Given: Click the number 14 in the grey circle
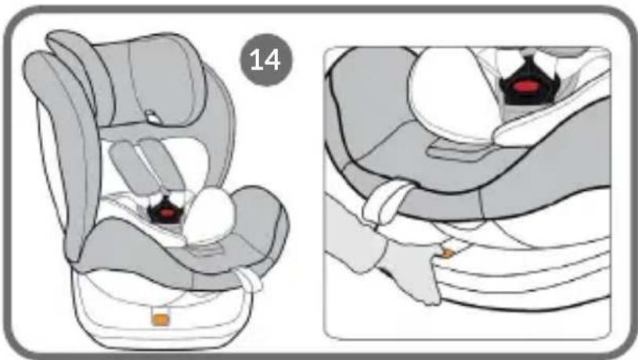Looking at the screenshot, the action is click(265, 60).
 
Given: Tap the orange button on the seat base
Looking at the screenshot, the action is click(160, 319).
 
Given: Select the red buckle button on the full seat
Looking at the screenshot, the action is click(166, 213).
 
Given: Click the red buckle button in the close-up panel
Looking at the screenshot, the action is click(528, 86).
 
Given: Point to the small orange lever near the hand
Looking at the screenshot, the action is click(447, 254).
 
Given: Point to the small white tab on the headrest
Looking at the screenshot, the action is click(152, 117).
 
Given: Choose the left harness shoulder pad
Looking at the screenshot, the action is click(129, 167).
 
